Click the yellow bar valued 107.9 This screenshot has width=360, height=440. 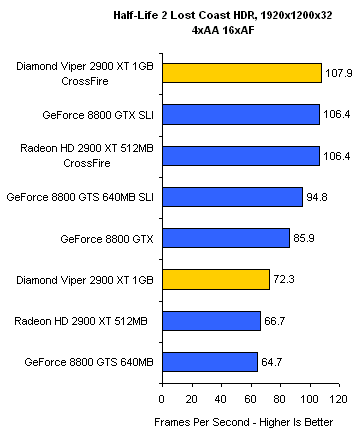[242, 73]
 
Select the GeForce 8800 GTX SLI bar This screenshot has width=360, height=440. [241, 115]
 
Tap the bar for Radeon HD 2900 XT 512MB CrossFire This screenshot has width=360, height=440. [241, 156]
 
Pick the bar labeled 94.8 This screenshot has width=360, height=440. [233, 197]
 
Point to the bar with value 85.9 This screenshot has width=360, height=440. [226, 238]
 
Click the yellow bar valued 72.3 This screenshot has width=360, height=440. [216, 279]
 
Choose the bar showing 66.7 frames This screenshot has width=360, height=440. [212, 321]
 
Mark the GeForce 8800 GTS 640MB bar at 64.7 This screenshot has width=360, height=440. [210, 362]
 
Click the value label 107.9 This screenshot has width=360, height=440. [338, 73]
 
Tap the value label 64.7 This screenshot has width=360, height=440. [272, 362]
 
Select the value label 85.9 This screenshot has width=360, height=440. [304, 238]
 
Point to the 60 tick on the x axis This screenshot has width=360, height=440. [251, 399]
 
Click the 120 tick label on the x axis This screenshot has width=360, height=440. [338, 399]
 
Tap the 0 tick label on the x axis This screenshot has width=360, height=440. [162, 399]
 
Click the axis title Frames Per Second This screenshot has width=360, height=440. [202, 422]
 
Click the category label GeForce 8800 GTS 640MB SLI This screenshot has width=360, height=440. [80, 197]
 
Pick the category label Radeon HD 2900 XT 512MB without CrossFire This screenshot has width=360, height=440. [81, 321]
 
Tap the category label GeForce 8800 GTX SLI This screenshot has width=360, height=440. [98, 115]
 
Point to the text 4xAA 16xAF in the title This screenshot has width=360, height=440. [223, 30]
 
